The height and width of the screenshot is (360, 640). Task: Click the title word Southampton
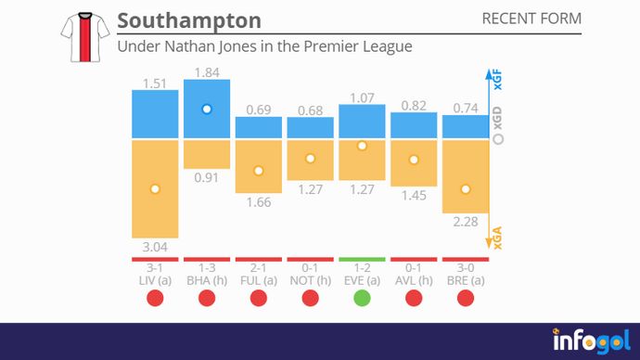[189, 20]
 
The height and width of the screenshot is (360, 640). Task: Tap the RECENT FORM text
[531, 19]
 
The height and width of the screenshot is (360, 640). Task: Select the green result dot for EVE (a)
[362, 298]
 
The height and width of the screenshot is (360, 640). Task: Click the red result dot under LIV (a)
[155, 298]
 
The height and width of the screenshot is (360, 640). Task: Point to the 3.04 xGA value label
[155, 248]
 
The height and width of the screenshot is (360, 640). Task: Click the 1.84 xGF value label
[207, 71]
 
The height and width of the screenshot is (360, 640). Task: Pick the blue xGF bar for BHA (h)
[207, 109]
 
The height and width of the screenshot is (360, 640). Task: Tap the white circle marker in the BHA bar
[207, 109]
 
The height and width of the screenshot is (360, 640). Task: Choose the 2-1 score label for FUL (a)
[259, 268]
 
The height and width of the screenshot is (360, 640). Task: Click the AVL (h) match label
[414, 280]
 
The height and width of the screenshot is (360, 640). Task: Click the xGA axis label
[497, 240]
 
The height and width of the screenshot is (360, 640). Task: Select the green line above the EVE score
[362, 260]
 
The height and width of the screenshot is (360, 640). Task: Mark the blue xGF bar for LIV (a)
[155, 116]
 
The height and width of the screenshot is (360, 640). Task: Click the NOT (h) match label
[310, 280]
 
